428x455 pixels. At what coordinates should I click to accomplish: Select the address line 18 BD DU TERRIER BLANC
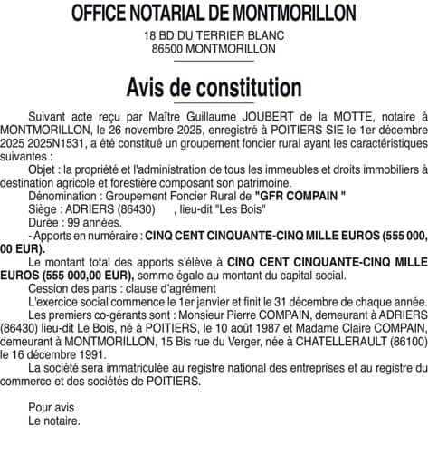[x=214, y=35]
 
